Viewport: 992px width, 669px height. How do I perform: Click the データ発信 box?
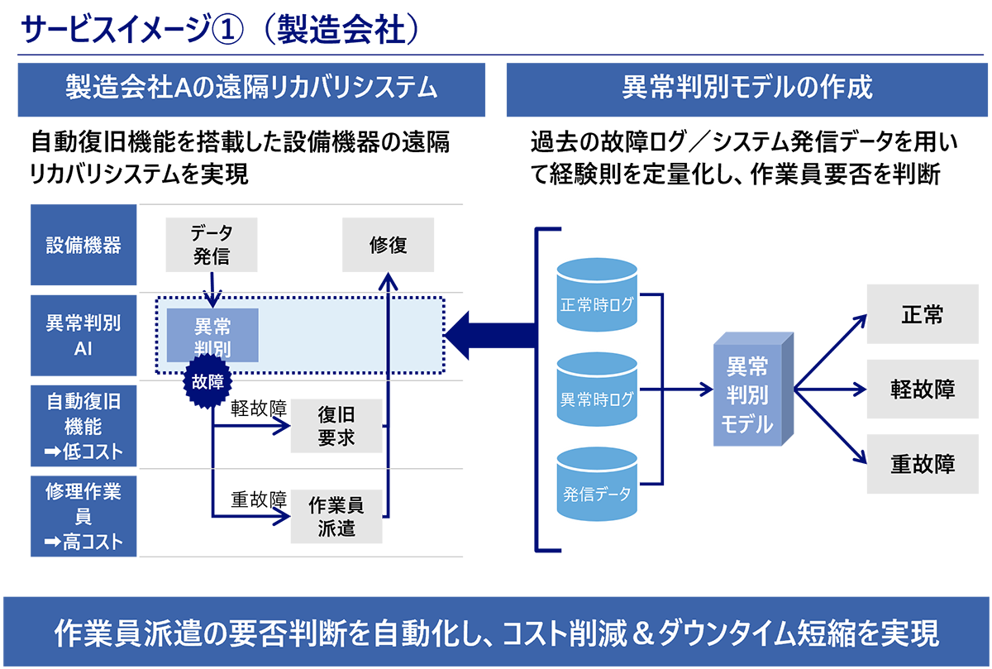tap(212, 245)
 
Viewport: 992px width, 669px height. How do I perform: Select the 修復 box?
tap(388, 245)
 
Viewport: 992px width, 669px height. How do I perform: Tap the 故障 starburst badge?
tap(207, 381)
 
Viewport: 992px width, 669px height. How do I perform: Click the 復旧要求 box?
tap(336, 426)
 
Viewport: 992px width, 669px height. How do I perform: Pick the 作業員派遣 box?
tap(336, 516)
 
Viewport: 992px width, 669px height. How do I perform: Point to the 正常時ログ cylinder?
tap(597, 295)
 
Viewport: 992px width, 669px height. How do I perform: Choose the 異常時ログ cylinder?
tap(597, 389)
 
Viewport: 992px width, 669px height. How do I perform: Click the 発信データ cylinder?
tap(597, 484)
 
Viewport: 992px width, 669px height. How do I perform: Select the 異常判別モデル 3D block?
tap(753, 389)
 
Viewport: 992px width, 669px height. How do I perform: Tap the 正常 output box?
tap(923, 314)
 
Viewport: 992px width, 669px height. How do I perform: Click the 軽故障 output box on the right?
tap(923, 389)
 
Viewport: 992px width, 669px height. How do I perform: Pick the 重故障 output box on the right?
tap(923, 464)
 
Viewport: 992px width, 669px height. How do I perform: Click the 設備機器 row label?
tap(83, 245)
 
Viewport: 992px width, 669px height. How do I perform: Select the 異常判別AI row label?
tap(83, 336)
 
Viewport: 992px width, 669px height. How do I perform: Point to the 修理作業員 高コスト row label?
tap(83, 516)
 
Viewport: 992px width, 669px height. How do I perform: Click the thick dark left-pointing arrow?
tap(491, 336)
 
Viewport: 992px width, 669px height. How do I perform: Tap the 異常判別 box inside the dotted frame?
tap(212, 336)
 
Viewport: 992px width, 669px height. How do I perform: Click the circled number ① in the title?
tap(227, 30)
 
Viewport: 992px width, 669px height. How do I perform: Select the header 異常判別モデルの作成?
tap(747, 89)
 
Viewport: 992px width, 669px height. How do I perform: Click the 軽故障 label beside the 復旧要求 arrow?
tap(259, 408)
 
